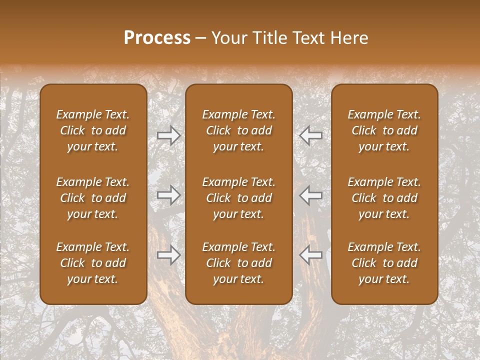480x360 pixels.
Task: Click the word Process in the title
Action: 157,38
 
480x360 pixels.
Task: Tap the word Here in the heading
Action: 348,38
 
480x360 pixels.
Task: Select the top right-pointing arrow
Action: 169,135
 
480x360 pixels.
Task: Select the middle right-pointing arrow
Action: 169,195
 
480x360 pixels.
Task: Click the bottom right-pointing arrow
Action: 169,255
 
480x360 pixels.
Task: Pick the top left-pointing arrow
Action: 311,135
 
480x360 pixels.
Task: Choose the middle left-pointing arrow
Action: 311,195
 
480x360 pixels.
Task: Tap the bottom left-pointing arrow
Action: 311,255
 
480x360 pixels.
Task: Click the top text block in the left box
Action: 93,130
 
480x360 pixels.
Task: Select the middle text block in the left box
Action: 93,198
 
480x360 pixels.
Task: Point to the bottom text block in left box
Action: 93,263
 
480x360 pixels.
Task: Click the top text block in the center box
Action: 239,130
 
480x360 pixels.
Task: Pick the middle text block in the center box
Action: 239,198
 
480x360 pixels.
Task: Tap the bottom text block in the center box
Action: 239,263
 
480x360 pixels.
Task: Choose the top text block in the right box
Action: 384,130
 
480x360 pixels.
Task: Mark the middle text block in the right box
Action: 384,198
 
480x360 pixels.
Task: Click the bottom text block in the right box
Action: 384,263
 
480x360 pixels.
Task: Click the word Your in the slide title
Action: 229,38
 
